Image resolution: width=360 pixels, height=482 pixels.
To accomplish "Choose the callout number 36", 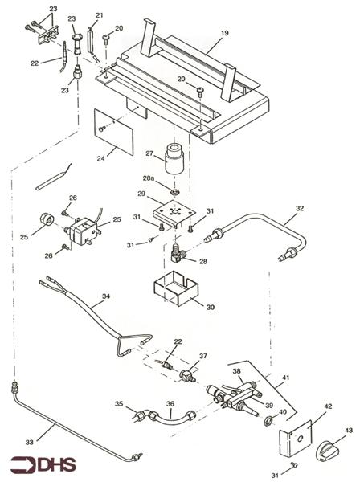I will [170, 405].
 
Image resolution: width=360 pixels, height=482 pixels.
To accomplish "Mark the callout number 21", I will [100, 16].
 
